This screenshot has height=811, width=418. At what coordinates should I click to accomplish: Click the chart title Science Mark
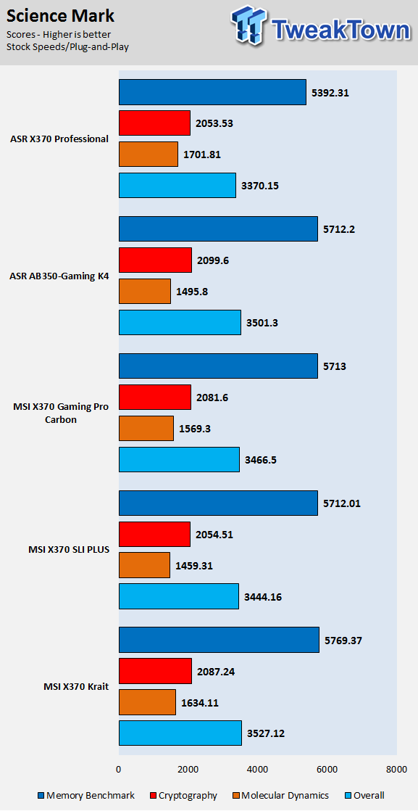[x=60, y=16]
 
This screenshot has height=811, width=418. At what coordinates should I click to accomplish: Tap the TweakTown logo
[x=319, y=27]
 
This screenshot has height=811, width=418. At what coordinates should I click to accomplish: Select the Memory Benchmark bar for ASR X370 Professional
[x=212, y=92]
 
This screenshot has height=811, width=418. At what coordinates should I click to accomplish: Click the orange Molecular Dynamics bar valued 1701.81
[x=149, y=154]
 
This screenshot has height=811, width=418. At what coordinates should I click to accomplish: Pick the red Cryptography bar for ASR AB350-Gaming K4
[x=156, y=260]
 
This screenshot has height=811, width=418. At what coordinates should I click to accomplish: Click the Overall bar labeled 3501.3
[x=180, y=322]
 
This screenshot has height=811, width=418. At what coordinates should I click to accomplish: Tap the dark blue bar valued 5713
[x=218, y=366]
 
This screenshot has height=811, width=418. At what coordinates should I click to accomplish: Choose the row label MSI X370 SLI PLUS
[x=69, y=550]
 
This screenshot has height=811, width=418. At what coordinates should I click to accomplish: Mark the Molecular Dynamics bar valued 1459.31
[x=144, y=565]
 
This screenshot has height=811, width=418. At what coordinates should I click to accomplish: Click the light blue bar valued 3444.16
[x=179, y=596]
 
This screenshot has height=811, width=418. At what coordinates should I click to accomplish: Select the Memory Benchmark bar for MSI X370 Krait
[x=219, y=640]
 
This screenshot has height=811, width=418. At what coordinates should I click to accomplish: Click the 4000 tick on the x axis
[x=257, y=770]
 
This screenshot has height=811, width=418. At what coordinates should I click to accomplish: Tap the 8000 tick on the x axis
[x=396, y=770]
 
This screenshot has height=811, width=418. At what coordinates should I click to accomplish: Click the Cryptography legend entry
[x=184, y=796]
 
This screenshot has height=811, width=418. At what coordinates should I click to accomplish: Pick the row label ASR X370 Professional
[x=59, y=139]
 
